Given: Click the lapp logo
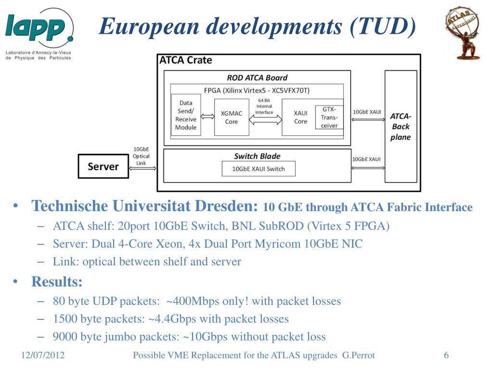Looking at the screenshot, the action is click(x=39, y=28).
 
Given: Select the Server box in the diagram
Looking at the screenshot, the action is click(x=103, y=167).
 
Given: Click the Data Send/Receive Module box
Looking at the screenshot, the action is click(x=186, y=115).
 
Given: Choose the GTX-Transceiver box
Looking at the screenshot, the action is click(x=329, y=118).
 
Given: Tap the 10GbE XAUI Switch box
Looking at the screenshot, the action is click(x=258, y=169).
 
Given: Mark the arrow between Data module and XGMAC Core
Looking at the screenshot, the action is click(x=208, y=116).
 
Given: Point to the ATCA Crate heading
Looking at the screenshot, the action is click(x=185, y=60).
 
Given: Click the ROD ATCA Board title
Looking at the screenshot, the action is click(x=257, y=78).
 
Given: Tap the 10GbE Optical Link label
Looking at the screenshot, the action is click(x=141, y=156).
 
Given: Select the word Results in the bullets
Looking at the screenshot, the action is click(x=57, y=281).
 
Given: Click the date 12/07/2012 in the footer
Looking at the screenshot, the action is click(x=43, y=356).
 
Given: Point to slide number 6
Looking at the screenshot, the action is click(x=446, y=356).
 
